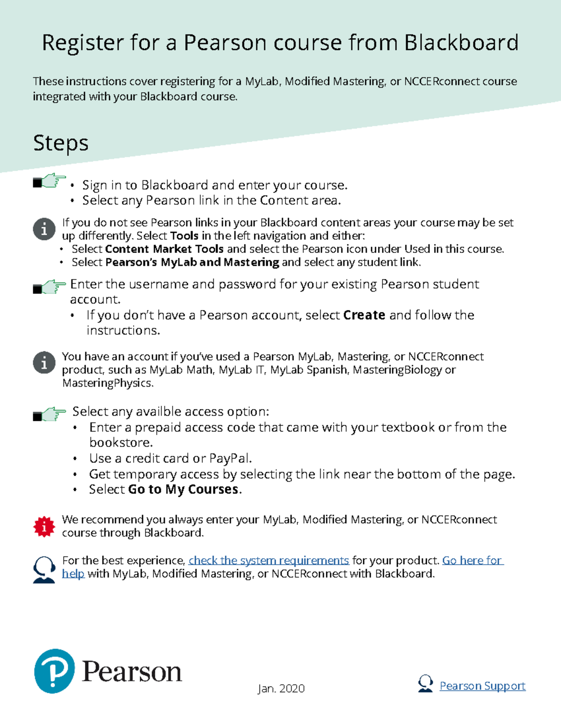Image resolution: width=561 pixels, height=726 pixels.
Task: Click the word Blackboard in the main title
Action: pos(461,43)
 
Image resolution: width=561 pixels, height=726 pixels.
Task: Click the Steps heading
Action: pos(61,143)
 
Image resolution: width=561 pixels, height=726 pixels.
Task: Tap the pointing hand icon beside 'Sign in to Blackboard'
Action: pos(50,181)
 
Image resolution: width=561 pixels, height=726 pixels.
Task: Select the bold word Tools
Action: pos(184,236)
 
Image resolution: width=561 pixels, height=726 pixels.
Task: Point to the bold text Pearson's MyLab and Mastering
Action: pos(192,262)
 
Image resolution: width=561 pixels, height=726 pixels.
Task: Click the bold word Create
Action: pos(364,316)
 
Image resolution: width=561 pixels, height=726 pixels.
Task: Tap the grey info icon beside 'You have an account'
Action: pos(44,362)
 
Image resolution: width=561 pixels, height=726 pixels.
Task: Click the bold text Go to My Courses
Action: pos(183,490)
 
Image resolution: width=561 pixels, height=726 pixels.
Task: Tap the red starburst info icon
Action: pos(44,527)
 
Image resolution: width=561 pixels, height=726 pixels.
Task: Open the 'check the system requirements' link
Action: pos(268,561)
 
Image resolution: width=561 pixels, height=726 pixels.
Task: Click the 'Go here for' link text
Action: pos(472,561)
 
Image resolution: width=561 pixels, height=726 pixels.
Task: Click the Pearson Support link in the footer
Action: pos(482,686)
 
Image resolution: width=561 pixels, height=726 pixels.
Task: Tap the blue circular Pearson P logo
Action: pos(55,671)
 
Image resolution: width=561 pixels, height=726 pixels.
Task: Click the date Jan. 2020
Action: pos(281,689)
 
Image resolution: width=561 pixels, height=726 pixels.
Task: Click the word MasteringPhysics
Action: pos(108,383)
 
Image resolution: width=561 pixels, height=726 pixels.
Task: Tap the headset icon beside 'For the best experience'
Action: pos(44,569)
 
